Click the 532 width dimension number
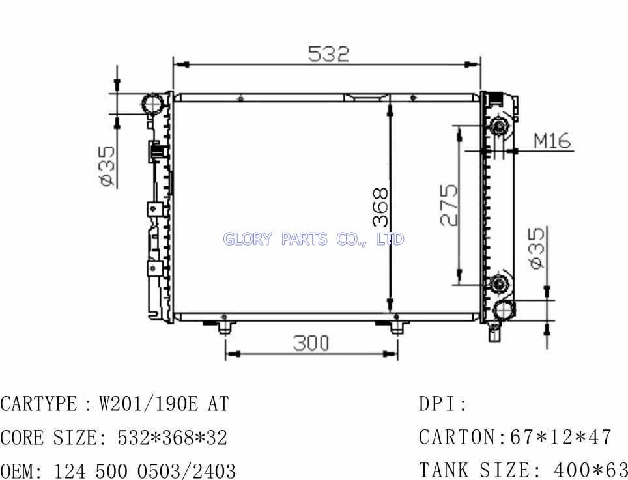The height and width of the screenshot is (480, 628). pos(328,54)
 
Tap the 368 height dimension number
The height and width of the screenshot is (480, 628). pos(380,207)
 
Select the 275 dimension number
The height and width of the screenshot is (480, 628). pos(449,205)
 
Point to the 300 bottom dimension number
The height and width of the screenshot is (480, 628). pos(311,343)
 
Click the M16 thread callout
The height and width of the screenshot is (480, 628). pos(552,141)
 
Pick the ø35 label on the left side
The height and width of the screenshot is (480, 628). pos(106,167)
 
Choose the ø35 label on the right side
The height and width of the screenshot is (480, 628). pos(537,247)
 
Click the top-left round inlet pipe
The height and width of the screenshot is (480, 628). pos(152,104)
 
